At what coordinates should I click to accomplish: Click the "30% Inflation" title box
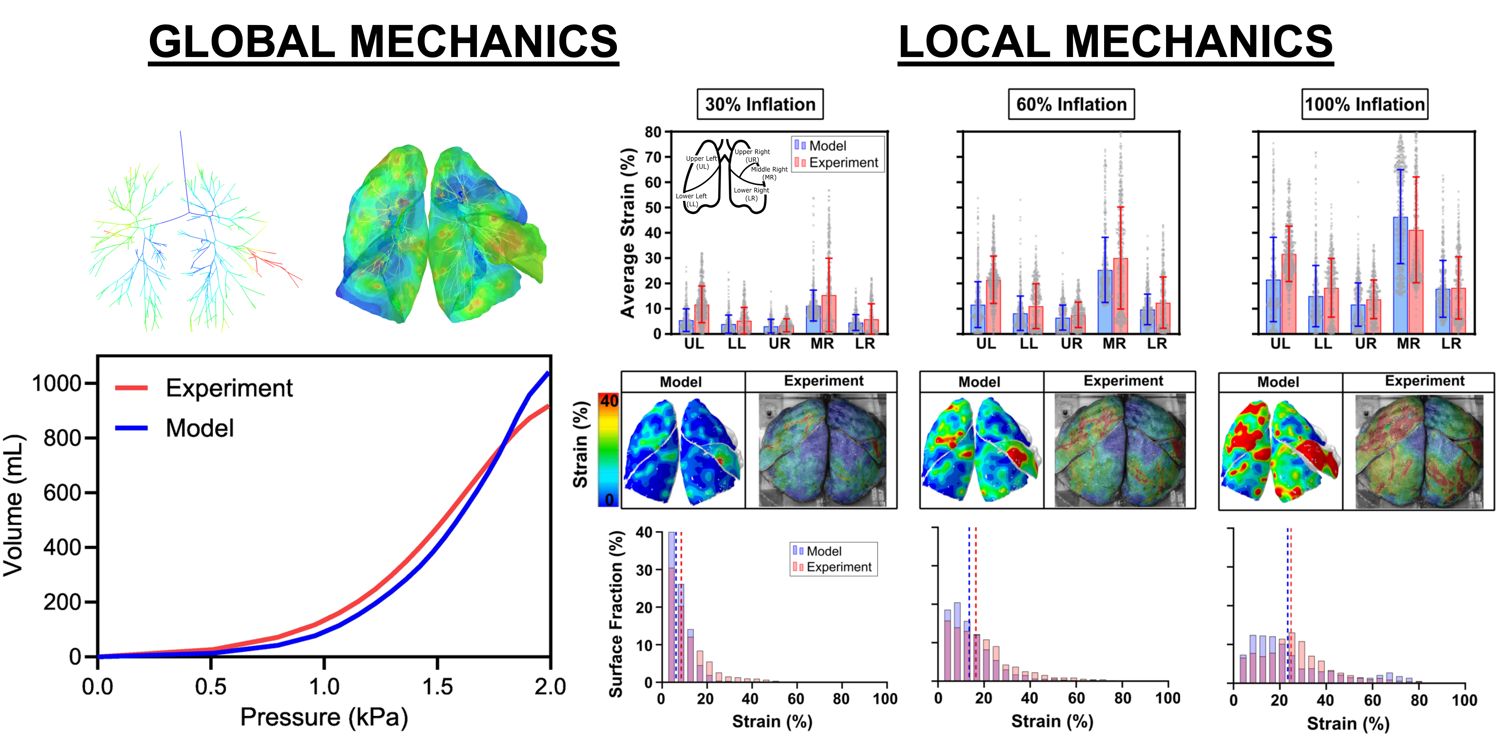760,104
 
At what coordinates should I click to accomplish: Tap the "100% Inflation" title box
1364,104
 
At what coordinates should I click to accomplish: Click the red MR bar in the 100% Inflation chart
1415,282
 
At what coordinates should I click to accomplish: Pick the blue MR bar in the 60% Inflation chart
1104,301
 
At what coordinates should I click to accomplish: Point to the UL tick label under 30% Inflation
694,344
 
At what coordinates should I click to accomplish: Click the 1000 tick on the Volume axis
56,383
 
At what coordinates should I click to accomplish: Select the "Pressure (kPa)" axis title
324,717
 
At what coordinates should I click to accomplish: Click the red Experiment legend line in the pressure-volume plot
131,388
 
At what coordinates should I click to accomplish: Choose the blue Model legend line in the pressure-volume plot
131,428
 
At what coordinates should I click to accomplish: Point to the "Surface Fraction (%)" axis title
615,614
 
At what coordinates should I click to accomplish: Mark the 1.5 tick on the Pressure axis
437,687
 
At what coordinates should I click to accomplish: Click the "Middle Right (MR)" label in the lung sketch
769,173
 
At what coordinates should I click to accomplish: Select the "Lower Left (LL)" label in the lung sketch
691,200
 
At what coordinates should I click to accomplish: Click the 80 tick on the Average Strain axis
653,132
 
